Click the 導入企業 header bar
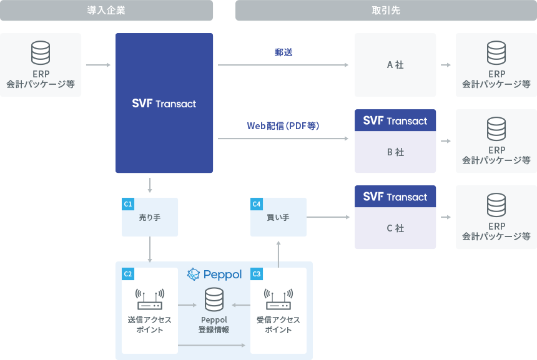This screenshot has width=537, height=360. tap(106, 11)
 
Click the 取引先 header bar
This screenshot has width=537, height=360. tap(385, 11)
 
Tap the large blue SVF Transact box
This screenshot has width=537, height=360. tap(164, 103)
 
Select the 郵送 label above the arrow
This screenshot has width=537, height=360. tap(283, 52)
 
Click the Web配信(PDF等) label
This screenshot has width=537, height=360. tap(283, 126)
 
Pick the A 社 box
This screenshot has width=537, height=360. tap(395, 65)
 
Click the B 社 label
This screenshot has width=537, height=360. tap(395, 152)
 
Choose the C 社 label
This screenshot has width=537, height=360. tap(395, 228)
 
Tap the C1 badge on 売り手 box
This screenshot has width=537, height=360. tap(128, 204)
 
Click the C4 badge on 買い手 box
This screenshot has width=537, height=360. tap(256, 204)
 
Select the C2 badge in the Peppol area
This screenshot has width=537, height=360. tap(128, 273)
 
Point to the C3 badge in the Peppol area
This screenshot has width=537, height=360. tap(256, 273)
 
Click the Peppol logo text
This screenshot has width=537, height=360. tap(214, 275)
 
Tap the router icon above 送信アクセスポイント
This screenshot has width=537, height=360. tap(150, 300)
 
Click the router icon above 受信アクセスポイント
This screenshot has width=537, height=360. tap(278, 300)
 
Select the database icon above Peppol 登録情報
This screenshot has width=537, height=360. tap(214, 301)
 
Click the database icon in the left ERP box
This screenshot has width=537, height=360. tap(41, 53)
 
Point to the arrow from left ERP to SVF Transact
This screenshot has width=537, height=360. tap(97, 65)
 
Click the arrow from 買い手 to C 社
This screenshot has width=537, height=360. tap(328, 218)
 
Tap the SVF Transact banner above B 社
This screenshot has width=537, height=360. tap(395, 120)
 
